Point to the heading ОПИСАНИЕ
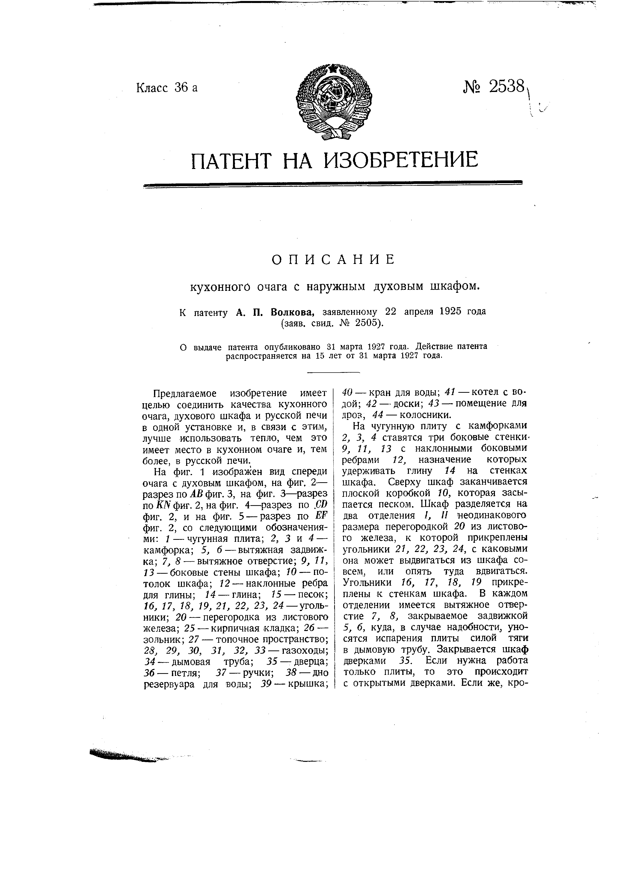(334, 260)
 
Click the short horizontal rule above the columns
(333, 372)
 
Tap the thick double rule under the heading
(333, 184)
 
